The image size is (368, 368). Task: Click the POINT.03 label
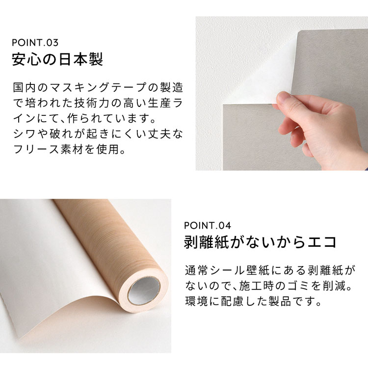click(x=35, y=43)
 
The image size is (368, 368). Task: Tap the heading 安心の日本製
click(x=57, y=59)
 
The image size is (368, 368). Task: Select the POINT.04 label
click(x=208, y=226)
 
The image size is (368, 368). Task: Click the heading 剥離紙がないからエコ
click(x=261, y=242)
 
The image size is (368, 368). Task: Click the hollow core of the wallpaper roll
click(x=144, y=290)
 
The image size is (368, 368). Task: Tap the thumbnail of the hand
click(x=284, y=97)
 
